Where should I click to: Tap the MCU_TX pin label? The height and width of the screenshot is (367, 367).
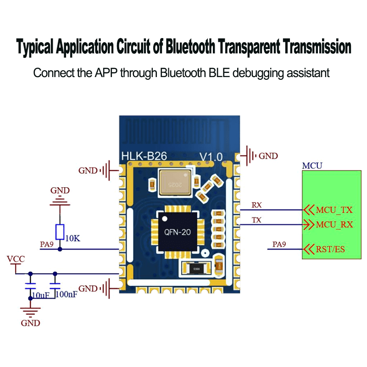pos(334,210)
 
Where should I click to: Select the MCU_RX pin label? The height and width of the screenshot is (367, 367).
pos(334,225)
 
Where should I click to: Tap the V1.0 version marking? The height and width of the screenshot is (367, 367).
pos(211,157)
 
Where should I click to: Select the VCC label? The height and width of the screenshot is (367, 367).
pos(16,259)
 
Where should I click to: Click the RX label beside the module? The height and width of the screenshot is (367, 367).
pos(257,205)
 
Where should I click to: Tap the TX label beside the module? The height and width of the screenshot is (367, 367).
pos(257,220)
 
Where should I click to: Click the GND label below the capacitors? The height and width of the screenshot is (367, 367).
pos(30,323)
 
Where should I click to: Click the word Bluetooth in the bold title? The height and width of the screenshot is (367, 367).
pos(190,47)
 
